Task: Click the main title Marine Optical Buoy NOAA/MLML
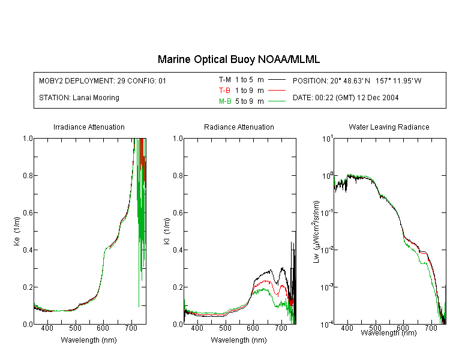(x=238, y=59)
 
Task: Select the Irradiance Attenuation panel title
(x=89, y=127)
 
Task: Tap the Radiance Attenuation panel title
(x=239, y=127)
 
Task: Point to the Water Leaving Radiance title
(x=389, y=127)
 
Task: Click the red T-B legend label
(x=224, y=91)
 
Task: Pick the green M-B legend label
(x=225, y=101)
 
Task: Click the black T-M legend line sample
(x=277, y=80)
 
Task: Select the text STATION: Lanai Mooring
(x=79, y=98)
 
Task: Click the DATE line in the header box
(x=346, y=98)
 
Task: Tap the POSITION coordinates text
(x=357, y=80)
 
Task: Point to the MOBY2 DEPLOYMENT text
(x=103, y=80)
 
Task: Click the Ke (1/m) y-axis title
(x=17, y=231)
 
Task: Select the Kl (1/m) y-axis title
(x=167, y=231)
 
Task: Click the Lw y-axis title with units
(x=316, y=232)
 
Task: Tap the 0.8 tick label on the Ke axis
(x=28, y=175)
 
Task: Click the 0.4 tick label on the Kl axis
(x=178, y=250)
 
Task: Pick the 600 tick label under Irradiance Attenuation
(x=103, y=328)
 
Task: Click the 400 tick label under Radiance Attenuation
(x=197, y=328)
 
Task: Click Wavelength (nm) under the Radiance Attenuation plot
(x=239, y=340)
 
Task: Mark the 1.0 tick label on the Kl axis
(x=178, y=139)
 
